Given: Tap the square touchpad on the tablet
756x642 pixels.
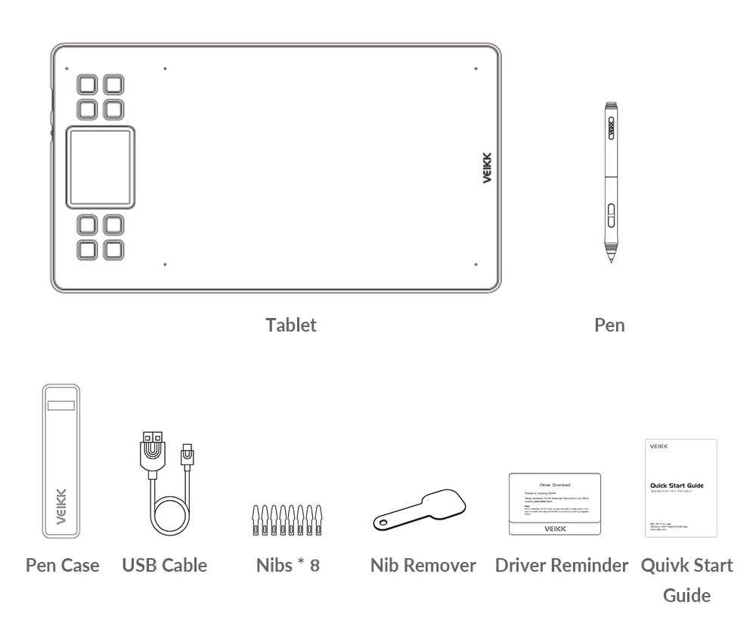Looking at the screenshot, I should (x=101, y=167).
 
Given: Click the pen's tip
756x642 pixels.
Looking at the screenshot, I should (x=610, y=259).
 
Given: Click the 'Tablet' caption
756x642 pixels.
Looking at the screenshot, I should (x=291, y=325).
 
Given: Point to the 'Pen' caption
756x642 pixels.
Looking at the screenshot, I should (x=609, y=325).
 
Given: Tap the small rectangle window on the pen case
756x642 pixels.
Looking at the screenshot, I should (x=61, y=406).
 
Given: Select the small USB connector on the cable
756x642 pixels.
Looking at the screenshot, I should (x=186, y=455).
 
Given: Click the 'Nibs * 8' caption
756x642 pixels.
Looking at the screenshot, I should (x=287, y=565).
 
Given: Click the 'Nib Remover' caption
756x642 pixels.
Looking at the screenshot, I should (x=423, y=565).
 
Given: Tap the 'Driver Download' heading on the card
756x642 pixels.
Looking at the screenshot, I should (x=555, y=485).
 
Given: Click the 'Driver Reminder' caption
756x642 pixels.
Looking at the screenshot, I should (x=562, y=565).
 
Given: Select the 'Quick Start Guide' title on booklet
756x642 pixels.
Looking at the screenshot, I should (x=677, y=486).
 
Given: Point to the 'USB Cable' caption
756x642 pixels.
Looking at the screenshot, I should (x=164, y=565).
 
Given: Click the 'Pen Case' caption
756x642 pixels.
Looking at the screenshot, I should (x=62, y=565).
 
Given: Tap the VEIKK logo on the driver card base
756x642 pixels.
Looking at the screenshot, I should (x=555, y=529).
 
